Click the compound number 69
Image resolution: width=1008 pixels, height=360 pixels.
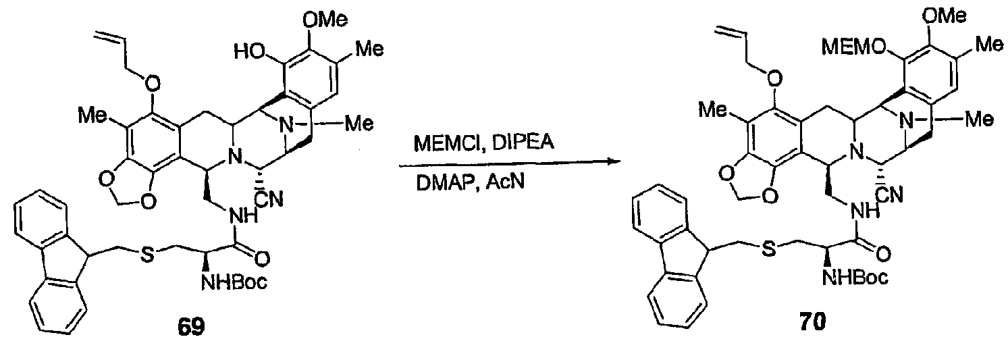click(x=192, y=327)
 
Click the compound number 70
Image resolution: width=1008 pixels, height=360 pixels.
click(x=813, y=322)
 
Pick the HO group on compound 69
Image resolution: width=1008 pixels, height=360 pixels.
click(x=250, y=53)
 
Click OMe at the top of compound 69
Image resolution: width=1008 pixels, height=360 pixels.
click(x=325, y=20)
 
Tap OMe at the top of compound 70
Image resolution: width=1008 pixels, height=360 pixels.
click(x=944, y=16)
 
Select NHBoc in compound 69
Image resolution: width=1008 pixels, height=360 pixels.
click(x=234, y=283)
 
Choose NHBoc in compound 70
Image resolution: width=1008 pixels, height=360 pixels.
click(x=855, y=278)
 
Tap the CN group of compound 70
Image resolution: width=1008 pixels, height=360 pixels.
click(x=890, y=195)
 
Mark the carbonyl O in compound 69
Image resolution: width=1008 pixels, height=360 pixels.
click(x=261, y=259)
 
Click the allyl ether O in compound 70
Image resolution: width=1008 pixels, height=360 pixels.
click(x=774, y=79)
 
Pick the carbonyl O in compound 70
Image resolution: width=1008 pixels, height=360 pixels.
click(x=883, y=254)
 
